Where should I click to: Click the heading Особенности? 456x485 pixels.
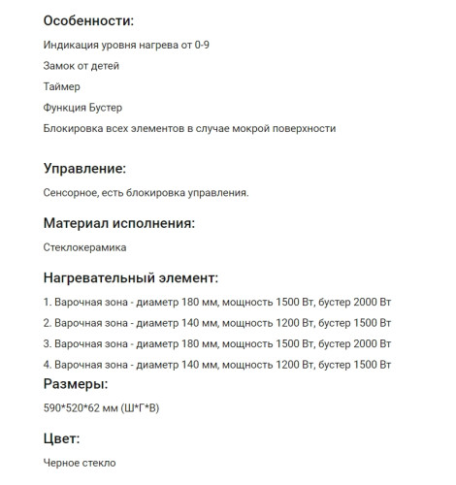pyautogui.click(x=89, y=20)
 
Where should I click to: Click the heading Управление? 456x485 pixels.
pyautogui.click(x=85, y=169)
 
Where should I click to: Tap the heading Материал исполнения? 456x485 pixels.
pyautogui.click(x=119, y=223)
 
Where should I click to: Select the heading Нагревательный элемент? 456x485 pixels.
pyautogui.click(x=131, y=277)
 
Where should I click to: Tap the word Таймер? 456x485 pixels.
pyautogui.click(x=63, y=86)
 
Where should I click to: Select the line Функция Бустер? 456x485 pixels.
pyautogui.click(x=83, y=107)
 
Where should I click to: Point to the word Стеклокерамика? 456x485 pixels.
pyautogui.click(x=85, y=247)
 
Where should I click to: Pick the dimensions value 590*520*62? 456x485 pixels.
pyautogui.click(x=79, y=408)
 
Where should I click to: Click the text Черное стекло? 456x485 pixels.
pyautogui.click(x=80, y=463)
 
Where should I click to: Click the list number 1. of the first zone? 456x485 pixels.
pyautogui.click(x=48, y=301)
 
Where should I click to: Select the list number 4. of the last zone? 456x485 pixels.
pyautogui.click(x=48, y=365)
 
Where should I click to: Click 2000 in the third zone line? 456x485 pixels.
pyautogui.click(x=359, y=343)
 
